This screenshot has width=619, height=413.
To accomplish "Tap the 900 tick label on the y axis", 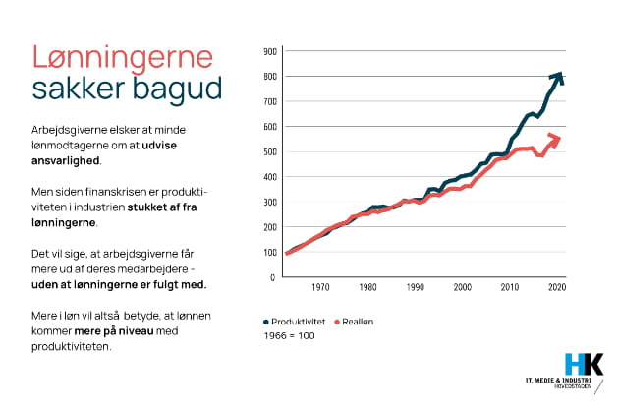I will (x=270, y=51).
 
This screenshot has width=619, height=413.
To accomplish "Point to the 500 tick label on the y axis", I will (x=270, y=151).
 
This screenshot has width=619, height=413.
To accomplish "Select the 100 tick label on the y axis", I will (x=270, y=252).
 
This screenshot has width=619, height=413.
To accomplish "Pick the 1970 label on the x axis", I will (x=320, y=288).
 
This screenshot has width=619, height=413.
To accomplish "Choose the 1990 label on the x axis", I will (x=417, y=288).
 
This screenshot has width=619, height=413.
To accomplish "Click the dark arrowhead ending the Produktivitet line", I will (x=558, y=76).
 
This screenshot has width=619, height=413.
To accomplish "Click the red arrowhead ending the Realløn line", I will (x=557, y=139).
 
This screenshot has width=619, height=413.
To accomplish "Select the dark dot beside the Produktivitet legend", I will (x=266, y=322).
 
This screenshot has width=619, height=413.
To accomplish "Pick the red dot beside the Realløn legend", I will (x=336, y=322).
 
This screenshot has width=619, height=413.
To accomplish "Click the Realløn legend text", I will (x=358, y=322).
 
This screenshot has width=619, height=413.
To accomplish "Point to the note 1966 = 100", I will (x=289, y=336).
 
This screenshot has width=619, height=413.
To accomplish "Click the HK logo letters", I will (x=585, y=361).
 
